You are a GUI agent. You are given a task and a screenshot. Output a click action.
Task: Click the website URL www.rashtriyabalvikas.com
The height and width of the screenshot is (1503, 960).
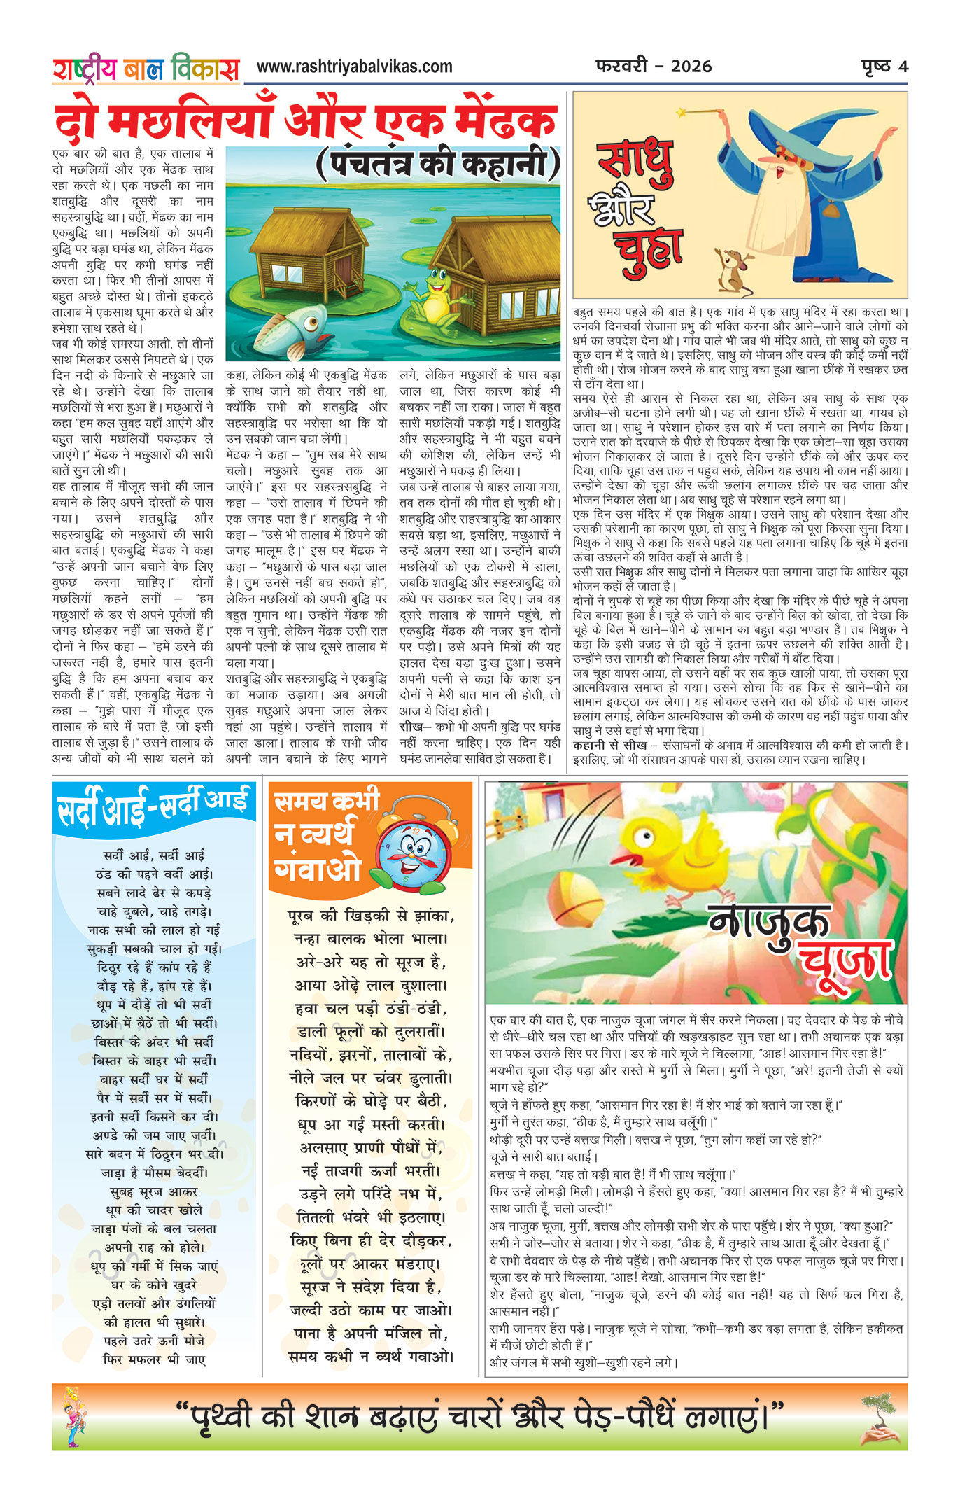354,67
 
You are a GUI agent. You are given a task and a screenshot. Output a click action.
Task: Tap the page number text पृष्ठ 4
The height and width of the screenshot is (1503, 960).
884,67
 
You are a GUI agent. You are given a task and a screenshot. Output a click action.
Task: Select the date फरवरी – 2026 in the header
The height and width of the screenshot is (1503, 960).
654,67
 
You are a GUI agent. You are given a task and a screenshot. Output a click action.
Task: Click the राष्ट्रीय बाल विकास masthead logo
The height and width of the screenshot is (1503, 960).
146,69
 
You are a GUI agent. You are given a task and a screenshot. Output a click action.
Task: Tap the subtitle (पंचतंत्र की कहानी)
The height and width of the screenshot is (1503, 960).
438,165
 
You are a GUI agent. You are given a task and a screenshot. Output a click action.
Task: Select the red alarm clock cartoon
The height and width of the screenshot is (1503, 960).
411,848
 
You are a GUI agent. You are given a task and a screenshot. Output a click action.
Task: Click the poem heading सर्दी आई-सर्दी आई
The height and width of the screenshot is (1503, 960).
153,807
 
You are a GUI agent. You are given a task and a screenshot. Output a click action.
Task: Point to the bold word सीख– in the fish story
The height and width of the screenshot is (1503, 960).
412,727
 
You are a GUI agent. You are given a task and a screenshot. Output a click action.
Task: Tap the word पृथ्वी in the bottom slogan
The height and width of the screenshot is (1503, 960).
224,1417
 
